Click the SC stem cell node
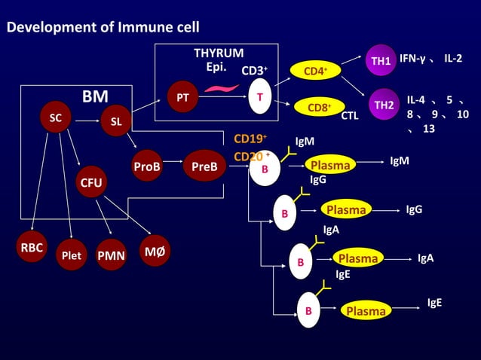55,118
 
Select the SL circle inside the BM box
115,121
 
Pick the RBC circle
32,247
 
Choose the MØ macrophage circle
155,249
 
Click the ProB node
147,167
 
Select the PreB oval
204,167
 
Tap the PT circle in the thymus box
182,98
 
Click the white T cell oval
260,97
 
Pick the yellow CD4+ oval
314,72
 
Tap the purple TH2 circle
384,105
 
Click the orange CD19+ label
251,139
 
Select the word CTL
350,116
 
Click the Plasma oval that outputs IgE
366,311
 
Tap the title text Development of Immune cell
103,28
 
